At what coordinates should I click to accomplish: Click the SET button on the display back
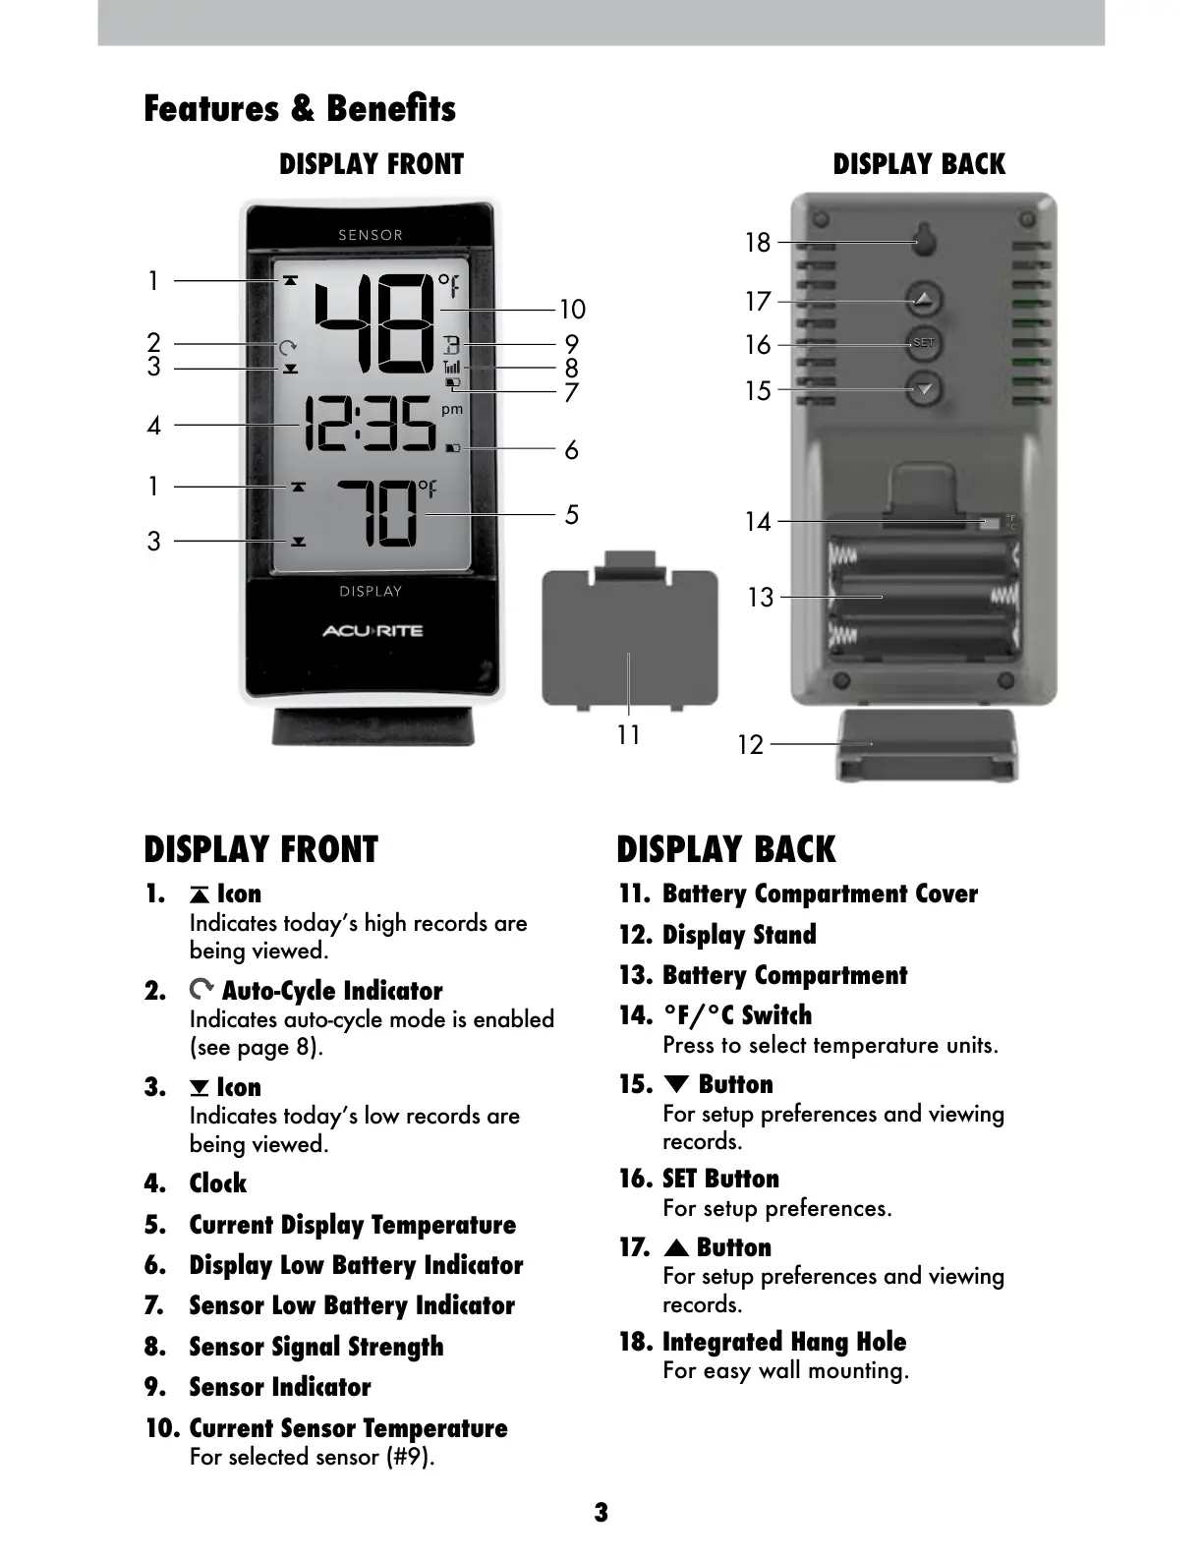pos(923,343)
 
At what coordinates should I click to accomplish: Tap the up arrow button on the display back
pos(923,298)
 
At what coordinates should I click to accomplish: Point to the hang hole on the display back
pos(923,239)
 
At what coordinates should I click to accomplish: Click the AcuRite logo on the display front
pos(372,631)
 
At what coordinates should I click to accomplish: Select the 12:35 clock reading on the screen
pos(370,425)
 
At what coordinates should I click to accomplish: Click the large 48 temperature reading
pos(373,322)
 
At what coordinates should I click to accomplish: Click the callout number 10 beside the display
pos(572,310)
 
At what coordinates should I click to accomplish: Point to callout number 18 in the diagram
pos(758,242)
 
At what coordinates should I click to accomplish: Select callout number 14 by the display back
pos(758,521)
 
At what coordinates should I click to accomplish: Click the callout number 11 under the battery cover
pos(628,734)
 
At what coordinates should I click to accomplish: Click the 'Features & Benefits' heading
pos(300,108)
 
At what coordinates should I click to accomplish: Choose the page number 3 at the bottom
pos(601,1512)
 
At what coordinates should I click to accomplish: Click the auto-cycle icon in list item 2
pos(201,989)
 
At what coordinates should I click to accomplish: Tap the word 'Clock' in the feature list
pos(218,1183)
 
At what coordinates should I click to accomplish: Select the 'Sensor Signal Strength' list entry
pos(315,1347)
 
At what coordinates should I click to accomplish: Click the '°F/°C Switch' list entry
pos(737,1015)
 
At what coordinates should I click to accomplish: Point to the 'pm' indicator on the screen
pos(452,409)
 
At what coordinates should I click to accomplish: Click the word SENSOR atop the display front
pos(371,235)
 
